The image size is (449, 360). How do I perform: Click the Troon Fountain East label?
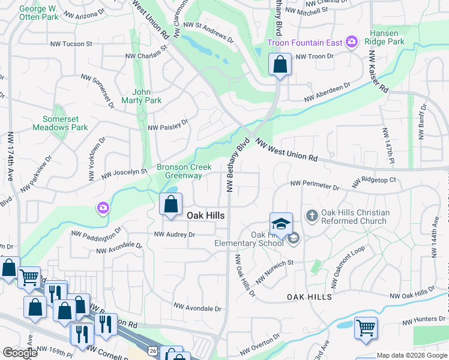click(x=305, y=42)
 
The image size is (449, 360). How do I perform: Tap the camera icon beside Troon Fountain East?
click(x=351, y=42)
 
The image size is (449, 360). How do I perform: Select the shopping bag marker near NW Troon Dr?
click(x=280, y=64)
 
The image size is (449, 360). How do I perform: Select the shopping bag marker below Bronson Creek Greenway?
click(x=171, y=204)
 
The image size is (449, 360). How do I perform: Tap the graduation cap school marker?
click(x=281, y=224)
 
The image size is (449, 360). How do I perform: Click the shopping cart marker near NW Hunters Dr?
click(x=366, y=328)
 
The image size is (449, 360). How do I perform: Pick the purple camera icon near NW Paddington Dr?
click(x=103, y=208)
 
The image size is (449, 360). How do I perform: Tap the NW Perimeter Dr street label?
click(x=315, y=185)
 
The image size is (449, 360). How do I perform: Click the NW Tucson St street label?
click(x=71, y=44)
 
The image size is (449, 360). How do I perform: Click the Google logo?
click(x=20, y=353)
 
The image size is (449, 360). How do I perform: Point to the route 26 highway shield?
click(x=154, y=350)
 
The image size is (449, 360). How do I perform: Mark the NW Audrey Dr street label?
click(x=175, y=235)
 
